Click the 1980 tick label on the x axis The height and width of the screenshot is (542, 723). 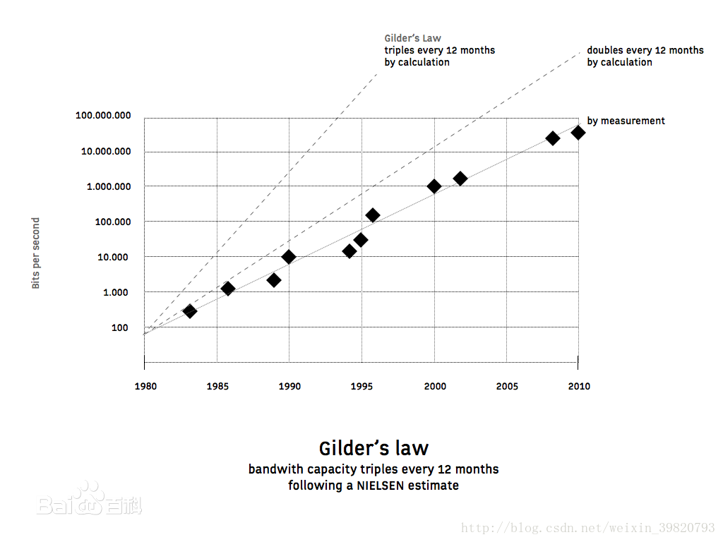(x=145, y=386)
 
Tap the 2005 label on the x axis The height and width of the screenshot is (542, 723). (x=507, y=386)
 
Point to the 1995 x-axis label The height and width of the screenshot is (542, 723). (x=362, y=386)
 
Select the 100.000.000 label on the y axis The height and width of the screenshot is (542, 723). (x=103, y=116)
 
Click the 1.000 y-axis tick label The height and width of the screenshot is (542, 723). (x=116, y=292)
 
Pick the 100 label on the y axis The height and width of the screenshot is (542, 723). (x=119, y=327)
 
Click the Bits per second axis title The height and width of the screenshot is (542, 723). (x=36, y=253)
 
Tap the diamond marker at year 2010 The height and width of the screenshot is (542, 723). (x=578, y=133)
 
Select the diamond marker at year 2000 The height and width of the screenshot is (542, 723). (x=434, y=186)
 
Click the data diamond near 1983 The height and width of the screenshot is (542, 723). (x=189, y=311)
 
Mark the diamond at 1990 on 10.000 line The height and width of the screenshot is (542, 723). (x=289, y=257)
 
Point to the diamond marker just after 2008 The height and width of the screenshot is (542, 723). (x=553, y=138)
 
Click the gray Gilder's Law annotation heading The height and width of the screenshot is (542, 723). (x=413, y=38)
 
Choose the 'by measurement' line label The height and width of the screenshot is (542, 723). (x=626, y=121)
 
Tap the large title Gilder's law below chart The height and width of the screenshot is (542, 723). (x=374, y=448)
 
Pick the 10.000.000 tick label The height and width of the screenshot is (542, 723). (x=106, y=151)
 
